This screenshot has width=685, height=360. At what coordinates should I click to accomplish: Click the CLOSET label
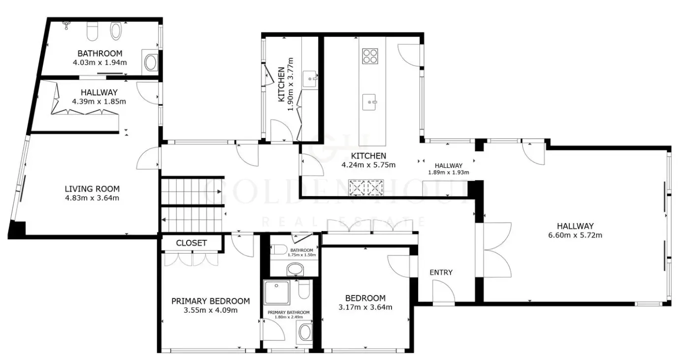pos(192,243)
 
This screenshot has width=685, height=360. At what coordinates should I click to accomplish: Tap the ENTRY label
pos(441,272)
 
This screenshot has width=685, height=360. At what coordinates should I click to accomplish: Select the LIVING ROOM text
pos(92,189)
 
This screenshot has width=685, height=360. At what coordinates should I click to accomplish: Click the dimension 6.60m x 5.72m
pos(575,235)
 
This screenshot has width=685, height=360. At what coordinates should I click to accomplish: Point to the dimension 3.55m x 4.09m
pos(210,310)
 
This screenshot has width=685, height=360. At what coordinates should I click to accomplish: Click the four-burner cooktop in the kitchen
pos(370,56)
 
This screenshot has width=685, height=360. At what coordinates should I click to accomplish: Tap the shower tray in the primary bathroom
pos(277,293)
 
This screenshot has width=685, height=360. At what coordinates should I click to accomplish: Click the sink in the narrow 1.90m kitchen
pos(310,79)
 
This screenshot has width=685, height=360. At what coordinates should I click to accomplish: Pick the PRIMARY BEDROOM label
pos(210,301)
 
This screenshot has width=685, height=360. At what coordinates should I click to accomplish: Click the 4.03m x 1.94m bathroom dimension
pos(99,63)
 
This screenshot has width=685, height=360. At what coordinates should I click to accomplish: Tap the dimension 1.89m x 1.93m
pos(448,172)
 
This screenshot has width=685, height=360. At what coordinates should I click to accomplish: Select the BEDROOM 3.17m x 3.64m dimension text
pos(365,307)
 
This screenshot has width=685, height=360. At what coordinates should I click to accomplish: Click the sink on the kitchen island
pos(370,102)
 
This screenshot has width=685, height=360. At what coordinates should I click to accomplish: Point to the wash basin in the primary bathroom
pos(304,332)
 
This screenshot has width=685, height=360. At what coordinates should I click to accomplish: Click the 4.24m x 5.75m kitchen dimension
pos(368,165)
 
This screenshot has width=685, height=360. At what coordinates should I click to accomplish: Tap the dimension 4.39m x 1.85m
pos(99,101)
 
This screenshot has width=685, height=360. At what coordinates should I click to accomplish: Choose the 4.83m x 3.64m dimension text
pos(92,198)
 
